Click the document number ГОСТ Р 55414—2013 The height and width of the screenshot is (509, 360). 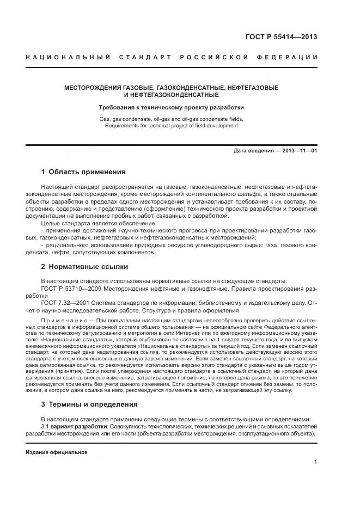pos(282,37)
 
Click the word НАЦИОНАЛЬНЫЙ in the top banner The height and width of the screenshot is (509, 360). pos(67,58)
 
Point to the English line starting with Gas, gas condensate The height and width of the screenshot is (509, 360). pos(172,119)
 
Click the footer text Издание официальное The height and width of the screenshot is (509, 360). pos(57,452)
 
